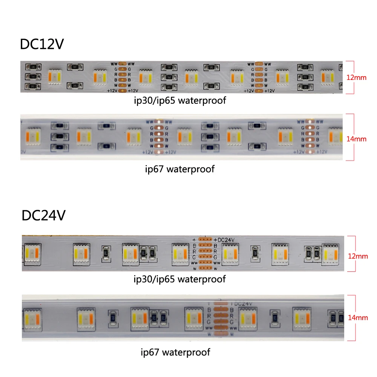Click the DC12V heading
click(42, 44)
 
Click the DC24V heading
click(44, 216)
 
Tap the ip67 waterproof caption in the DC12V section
click(179, 169)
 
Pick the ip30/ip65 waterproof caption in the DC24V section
click(179, 279)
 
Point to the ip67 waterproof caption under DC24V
click(175, 352)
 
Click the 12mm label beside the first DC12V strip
click(356, 78)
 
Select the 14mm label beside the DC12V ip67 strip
click(356, 139)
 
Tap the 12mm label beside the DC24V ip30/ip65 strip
click(357, 256)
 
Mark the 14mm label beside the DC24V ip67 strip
click(357, 318)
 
